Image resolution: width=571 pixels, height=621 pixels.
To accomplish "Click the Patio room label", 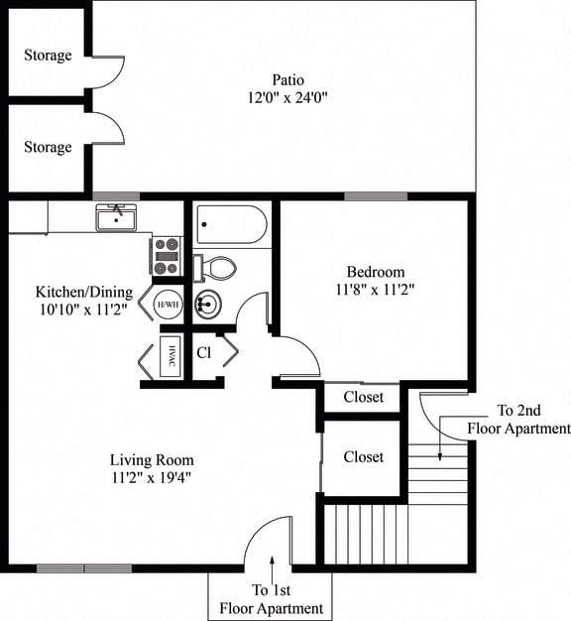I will click(x=287, y=79).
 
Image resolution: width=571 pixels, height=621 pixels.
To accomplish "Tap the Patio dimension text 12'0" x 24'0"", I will click(x=287, y=97).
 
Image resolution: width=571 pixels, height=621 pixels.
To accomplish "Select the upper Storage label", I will click(x=48, y=55).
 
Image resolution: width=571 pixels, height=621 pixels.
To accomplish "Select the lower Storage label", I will click(x=48, y=147).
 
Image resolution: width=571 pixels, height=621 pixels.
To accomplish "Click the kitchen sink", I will click(x=117, y=217).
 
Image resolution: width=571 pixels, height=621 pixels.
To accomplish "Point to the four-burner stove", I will click(x=166, y=255).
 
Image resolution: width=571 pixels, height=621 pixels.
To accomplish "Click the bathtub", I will click(x=231, y=224).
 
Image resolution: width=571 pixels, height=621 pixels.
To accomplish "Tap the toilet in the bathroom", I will click(x=218, y=267).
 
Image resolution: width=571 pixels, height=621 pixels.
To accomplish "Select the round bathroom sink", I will click(x=209, y=305).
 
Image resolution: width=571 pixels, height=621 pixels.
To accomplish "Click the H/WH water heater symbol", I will click(x=168, y=305).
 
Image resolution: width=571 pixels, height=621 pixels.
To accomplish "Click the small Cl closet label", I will click(x=203, y=352).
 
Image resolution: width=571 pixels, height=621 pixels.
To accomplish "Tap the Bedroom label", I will click(x=375, y=272).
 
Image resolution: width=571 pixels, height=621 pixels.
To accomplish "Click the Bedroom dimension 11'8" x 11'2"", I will click(x=375, y=290).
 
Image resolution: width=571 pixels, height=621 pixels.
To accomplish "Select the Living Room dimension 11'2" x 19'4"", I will click(x=152, y=478).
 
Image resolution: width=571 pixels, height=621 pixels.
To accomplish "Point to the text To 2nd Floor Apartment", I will click(x=519, y=421).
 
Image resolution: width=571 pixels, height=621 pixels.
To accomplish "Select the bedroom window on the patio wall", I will click(x=376, y=195).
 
